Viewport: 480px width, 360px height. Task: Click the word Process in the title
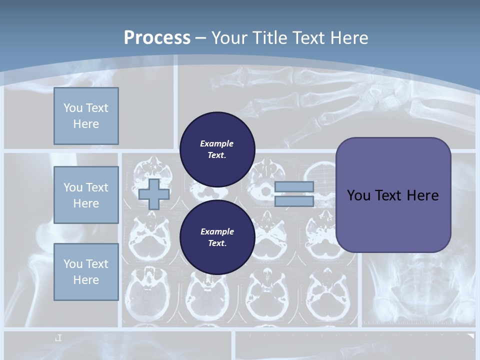[x=157, y=38]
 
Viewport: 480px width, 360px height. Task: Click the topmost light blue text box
[x=86, y=116]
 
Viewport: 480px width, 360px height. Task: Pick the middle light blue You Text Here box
[x=86, y=195]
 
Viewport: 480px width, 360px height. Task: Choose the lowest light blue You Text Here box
[x=86, y=272]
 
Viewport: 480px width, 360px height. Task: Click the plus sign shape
[x=154, y=194]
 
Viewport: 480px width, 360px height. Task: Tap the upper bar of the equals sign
[x=294, y=187]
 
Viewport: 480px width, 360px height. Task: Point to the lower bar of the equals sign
[x=294, y=201]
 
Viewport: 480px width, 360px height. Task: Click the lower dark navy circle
[x=217, y=237]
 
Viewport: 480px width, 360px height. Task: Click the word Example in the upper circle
[x=217, y=143]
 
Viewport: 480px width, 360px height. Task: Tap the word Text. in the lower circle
[x=217, y=243]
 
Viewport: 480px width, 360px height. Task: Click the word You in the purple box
[x=358, y=195]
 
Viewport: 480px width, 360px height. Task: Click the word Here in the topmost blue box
[x=86, y=124]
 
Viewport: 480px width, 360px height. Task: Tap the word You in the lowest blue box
[x=73, y=264]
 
